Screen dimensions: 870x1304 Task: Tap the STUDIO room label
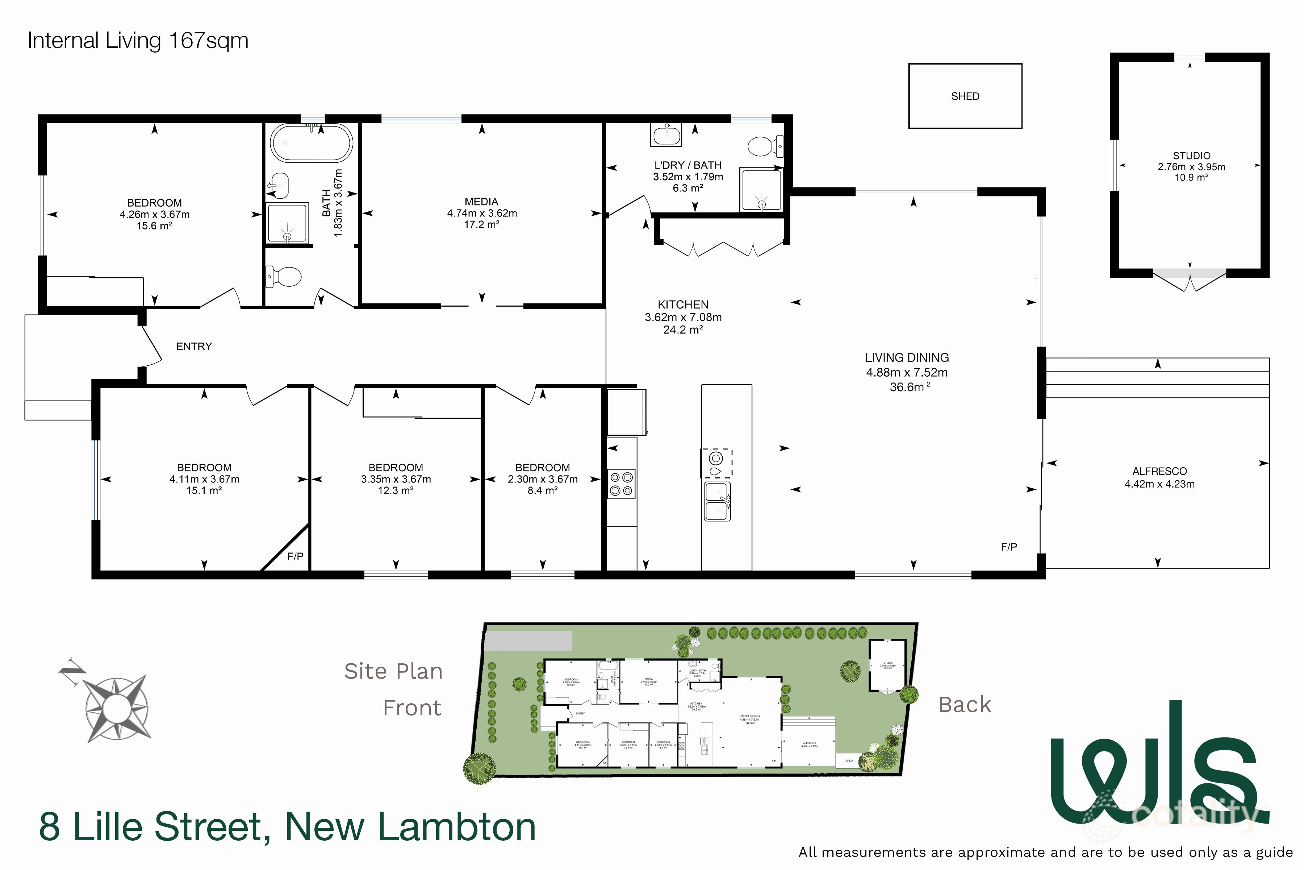pos(1191,156)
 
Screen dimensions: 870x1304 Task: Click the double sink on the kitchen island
pos(718,501)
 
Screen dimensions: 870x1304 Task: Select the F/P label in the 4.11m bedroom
pos(295,556)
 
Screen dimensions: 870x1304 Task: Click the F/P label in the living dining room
pos(1008,547)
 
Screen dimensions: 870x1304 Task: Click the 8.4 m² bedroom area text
pos(542,490)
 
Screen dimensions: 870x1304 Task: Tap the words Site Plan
pos(393,671)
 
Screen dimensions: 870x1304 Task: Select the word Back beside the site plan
pos(964,705)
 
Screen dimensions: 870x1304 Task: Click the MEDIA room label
pos(481,202)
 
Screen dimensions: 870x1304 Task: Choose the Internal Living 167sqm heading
pos(138,41)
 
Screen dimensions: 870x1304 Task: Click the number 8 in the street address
pos(49,827)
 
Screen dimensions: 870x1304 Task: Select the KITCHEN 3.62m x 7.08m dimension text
pos(683,318)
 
